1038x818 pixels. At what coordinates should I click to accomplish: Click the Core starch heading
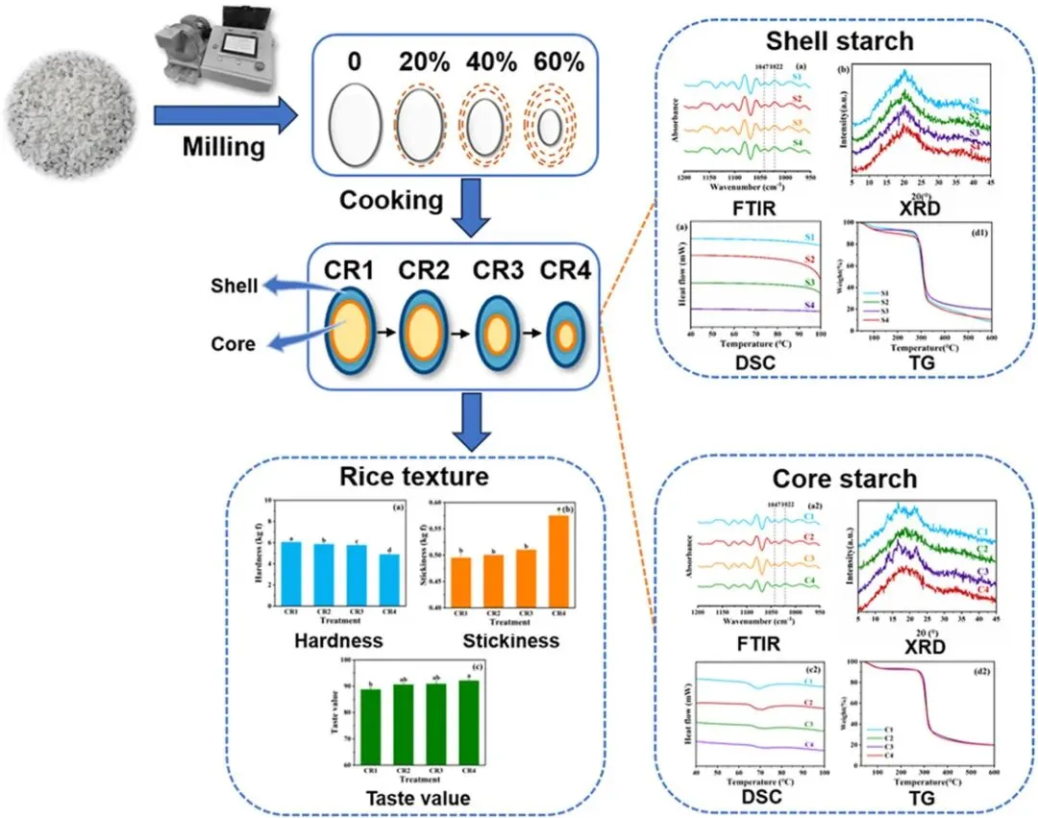844,479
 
